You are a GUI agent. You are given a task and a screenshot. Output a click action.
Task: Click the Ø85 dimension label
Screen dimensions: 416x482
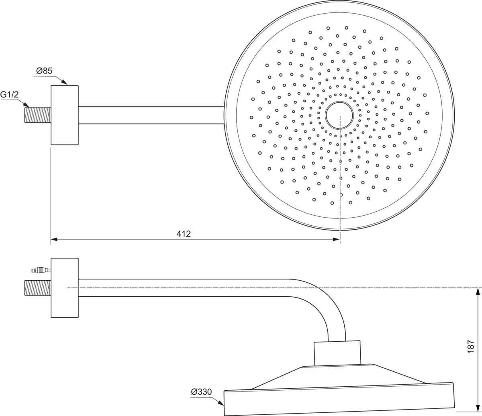point(44,71)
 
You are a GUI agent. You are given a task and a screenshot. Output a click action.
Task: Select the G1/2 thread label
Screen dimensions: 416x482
point(9,95)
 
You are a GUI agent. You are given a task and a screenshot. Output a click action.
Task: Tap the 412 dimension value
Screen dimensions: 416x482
point(184,234)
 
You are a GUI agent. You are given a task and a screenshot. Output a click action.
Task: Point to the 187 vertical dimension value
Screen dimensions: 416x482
point(471,346)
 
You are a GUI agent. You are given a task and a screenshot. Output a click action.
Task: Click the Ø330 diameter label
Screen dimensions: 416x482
point(201,392)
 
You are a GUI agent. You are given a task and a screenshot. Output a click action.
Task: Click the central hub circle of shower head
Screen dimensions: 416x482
point(339,115)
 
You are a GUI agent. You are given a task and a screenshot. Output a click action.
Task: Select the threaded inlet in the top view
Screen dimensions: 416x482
point(38,115)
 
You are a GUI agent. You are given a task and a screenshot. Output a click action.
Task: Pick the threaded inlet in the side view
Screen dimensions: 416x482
point(38,288)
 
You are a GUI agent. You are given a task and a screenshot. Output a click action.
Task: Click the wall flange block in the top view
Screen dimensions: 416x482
point(64,115)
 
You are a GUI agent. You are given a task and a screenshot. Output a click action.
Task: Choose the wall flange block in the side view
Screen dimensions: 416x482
point(64,288)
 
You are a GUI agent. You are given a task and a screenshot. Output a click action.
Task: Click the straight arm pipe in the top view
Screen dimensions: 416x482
point(151,115)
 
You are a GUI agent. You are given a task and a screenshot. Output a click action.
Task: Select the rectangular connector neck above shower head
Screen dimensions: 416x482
point(337,353)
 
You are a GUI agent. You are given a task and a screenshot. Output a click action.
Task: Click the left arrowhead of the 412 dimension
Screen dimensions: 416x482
point(54,239)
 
